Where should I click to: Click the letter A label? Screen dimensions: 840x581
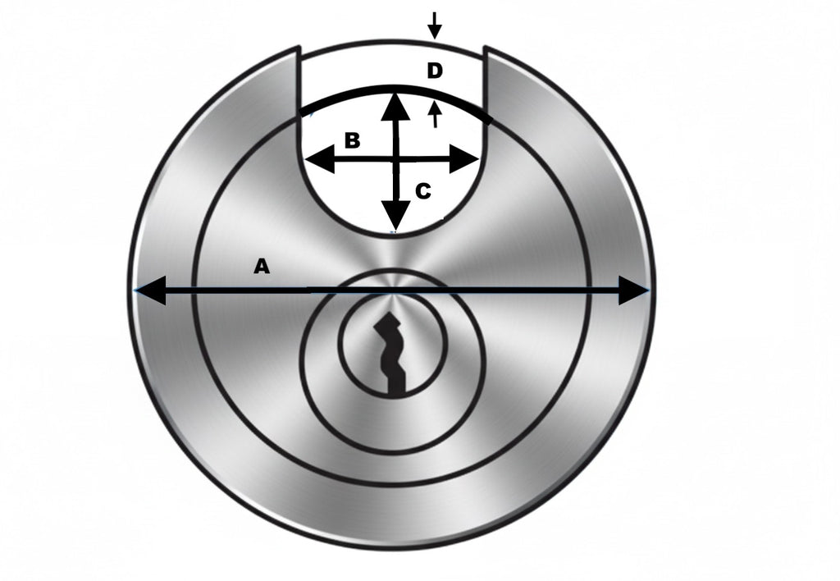tap(261, 266)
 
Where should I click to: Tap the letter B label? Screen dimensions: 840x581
tap(351, 140)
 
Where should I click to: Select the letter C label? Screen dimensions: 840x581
tap(423, 191)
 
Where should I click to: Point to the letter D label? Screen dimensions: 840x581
tap(435, 71)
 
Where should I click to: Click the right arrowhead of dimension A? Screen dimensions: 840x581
tap(633, 290)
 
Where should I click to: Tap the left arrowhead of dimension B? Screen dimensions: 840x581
tap(320, 160)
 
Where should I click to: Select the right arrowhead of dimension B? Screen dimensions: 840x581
tap(463, 159)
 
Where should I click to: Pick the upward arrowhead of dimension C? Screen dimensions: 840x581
tap(395, 106)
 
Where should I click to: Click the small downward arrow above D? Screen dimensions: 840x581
tap(435, 25)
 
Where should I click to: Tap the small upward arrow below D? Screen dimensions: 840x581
tap(435, 115)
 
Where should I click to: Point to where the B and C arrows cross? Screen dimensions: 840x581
tap(396, 159)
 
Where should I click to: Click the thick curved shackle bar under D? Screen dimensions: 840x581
tap(395, 87)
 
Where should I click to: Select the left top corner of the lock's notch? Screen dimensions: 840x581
tap(299, 47)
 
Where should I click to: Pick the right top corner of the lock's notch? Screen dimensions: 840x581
tap(485, 47)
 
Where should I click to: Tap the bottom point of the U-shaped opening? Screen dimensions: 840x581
tap(395, 233)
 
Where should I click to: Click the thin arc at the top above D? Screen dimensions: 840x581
tap(392, 41)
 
